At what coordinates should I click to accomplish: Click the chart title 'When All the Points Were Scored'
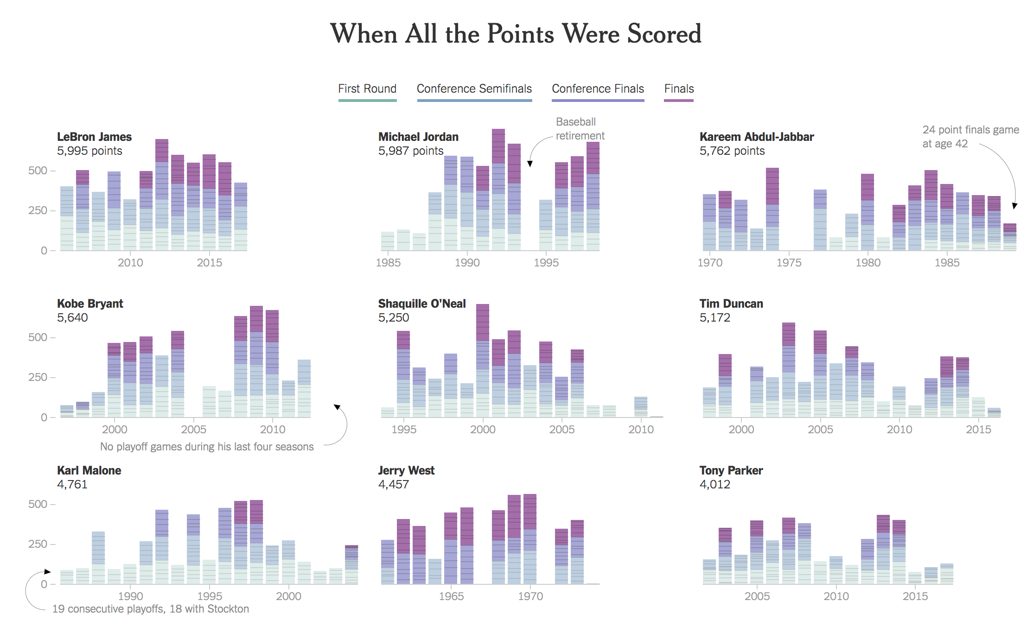516,34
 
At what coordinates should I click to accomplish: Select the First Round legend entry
367,89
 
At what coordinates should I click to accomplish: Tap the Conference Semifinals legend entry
474,89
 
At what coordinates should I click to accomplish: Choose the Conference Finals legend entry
598,89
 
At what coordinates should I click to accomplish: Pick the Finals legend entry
679,89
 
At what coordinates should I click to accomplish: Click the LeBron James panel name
94,137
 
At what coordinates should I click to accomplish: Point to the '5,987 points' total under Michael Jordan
411,151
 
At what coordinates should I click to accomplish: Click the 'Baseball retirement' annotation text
580,129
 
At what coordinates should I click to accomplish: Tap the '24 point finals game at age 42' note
970,137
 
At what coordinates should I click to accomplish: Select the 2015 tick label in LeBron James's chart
210,263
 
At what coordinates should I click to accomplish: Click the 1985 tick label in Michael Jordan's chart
388,263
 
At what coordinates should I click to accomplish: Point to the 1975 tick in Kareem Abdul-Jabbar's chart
789,263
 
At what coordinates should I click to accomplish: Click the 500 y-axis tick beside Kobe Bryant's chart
38,337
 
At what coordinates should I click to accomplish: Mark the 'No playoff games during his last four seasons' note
207,447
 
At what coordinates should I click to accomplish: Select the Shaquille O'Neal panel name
422,304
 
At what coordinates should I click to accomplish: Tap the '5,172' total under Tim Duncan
714,318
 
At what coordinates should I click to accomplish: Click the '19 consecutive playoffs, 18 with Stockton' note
151,609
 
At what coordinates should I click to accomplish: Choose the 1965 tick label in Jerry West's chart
451,596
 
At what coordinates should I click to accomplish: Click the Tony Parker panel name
731,470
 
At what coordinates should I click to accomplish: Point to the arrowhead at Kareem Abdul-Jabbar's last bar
1014,206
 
